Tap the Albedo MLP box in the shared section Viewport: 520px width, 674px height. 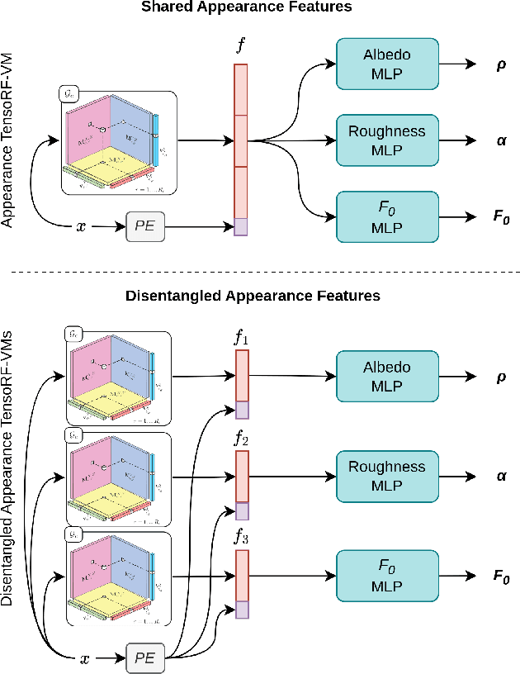387,63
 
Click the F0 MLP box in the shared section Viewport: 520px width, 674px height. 387,216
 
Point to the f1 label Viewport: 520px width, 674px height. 240,338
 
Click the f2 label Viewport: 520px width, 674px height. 240,438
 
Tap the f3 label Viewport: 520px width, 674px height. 240,538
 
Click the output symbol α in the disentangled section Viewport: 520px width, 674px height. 500,477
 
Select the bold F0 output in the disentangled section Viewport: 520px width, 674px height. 500,575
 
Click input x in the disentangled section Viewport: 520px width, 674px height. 85,658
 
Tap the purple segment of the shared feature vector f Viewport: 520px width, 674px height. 240,226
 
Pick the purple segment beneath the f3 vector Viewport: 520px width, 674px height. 242,610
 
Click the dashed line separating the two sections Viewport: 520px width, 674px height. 260,272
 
